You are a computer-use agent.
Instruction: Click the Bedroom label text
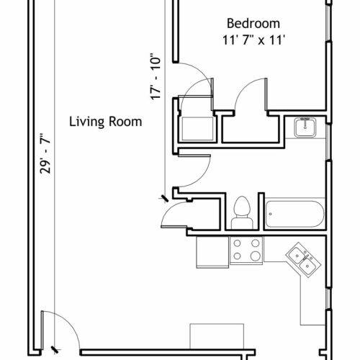click(x=253, y=24)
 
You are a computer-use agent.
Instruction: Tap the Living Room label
click(x=106, y=122)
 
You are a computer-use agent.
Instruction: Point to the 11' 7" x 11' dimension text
click(x=253, y=40)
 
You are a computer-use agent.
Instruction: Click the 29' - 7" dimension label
click(x=45, y=153)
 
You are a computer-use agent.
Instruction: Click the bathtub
click(x=294, y=214)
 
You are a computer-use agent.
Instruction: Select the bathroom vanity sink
click(x=305, y=127)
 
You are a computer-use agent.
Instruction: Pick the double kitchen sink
click(x=303, y=260)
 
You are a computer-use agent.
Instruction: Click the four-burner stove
click(x=246, y=251)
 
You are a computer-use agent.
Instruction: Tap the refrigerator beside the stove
click(x=212, y=252)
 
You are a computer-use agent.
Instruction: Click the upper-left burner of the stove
click(x=237, y=243)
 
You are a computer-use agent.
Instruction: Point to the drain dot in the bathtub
click(x=271, y=214)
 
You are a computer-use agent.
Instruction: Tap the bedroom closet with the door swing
click(x=251, y=129)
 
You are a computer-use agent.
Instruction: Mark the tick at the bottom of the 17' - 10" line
click(x=165, y=198)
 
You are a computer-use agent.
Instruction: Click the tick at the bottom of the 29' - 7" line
click(x=55, y=349)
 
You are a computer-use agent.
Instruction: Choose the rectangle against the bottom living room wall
click(x=217, y=336)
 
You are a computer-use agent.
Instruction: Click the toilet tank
click(x=242, y=223)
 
